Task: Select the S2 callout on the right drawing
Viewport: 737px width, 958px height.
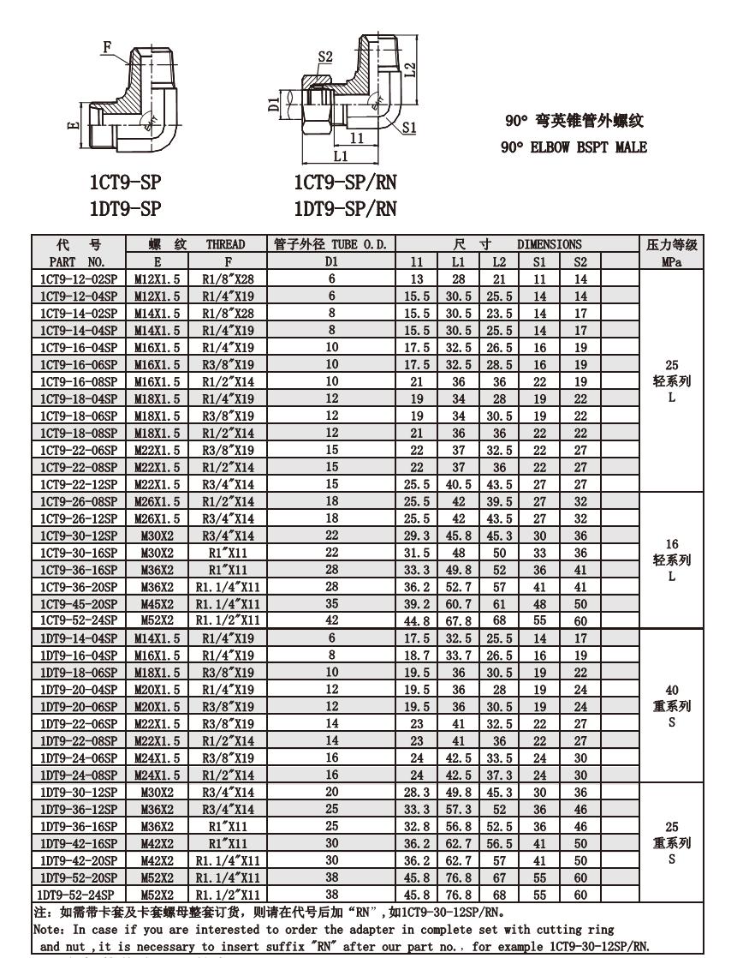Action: (325, 57)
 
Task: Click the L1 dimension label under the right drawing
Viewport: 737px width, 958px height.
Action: (340, 157)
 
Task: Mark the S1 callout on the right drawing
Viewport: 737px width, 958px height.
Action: (409, 127)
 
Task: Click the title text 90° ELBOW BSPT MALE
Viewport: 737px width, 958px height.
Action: (574, 147)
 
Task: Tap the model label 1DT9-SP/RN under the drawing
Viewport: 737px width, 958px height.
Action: (345, 207)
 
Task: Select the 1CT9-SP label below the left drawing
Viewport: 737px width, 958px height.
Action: (126, 183)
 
